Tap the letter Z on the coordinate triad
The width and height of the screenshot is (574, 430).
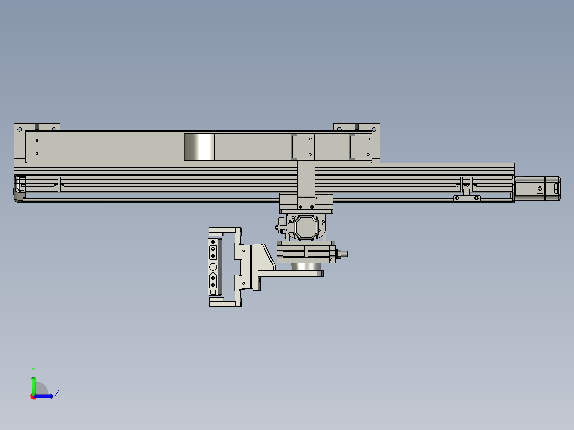56,393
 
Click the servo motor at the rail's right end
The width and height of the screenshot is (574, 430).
537,188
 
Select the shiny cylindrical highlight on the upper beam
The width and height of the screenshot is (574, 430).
200,147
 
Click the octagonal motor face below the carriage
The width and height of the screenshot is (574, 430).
306,228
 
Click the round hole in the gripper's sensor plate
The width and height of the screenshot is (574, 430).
213,267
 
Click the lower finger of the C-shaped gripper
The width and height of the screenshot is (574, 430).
224,302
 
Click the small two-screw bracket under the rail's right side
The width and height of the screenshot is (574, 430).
466,198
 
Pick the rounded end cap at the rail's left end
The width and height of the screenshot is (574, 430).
19,189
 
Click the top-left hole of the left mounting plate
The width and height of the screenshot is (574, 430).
20,129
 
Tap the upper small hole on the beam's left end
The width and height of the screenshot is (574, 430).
37,140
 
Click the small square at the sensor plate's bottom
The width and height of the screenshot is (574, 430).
213,292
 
